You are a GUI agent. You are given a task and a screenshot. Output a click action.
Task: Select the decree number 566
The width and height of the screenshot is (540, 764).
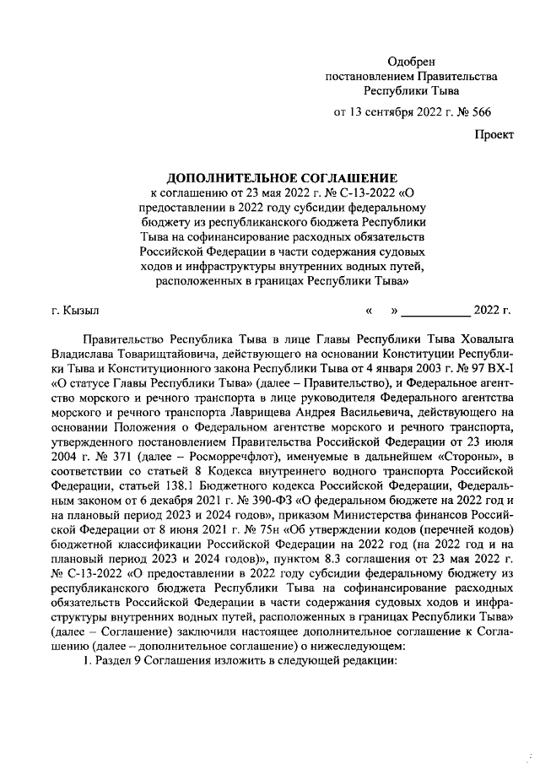click(x=482, y=111)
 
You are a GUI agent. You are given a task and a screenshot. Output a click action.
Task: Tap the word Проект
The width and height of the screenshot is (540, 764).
click(x=492, y=134)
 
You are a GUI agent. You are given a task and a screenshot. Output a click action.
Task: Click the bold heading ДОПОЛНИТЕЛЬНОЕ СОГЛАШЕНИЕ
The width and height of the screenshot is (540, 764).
click(x=282, y=178)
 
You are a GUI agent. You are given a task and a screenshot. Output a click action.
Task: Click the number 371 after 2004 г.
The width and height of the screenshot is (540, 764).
click(x=111, y=457)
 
